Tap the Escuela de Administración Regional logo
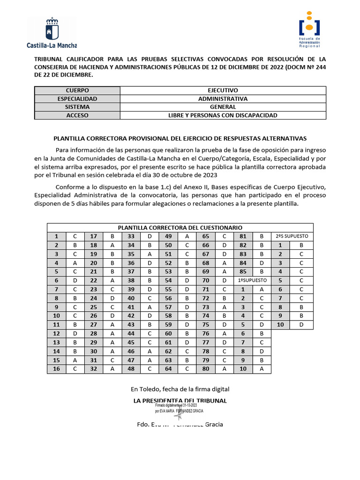(309, 29)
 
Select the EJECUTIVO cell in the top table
(223, 90)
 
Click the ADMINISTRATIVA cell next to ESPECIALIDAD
(223, 99)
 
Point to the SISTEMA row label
(77, 107)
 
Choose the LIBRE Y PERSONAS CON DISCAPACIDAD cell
(223, 115)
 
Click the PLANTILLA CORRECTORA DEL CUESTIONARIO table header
(180, 228)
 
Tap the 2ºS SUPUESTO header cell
(292, 236)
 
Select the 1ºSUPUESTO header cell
(253, 280)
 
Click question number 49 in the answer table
(168, 236)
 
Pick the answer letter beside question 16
(75, 369)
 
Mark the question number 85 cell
(243, 271)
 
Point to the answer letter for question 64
(187, 369)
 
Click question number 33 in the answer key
(131, 236)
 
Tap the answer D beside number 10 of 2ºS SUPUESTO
(301, 324)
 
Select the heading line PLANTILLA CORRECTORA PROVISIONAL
(180, 139)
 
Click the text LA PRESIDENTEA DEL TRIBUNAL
(180, 401)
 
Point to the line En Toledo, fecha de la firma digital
(180, 389)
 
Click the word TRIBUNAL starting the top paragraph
(51, 60)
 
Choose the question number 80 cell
(206, 369)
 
